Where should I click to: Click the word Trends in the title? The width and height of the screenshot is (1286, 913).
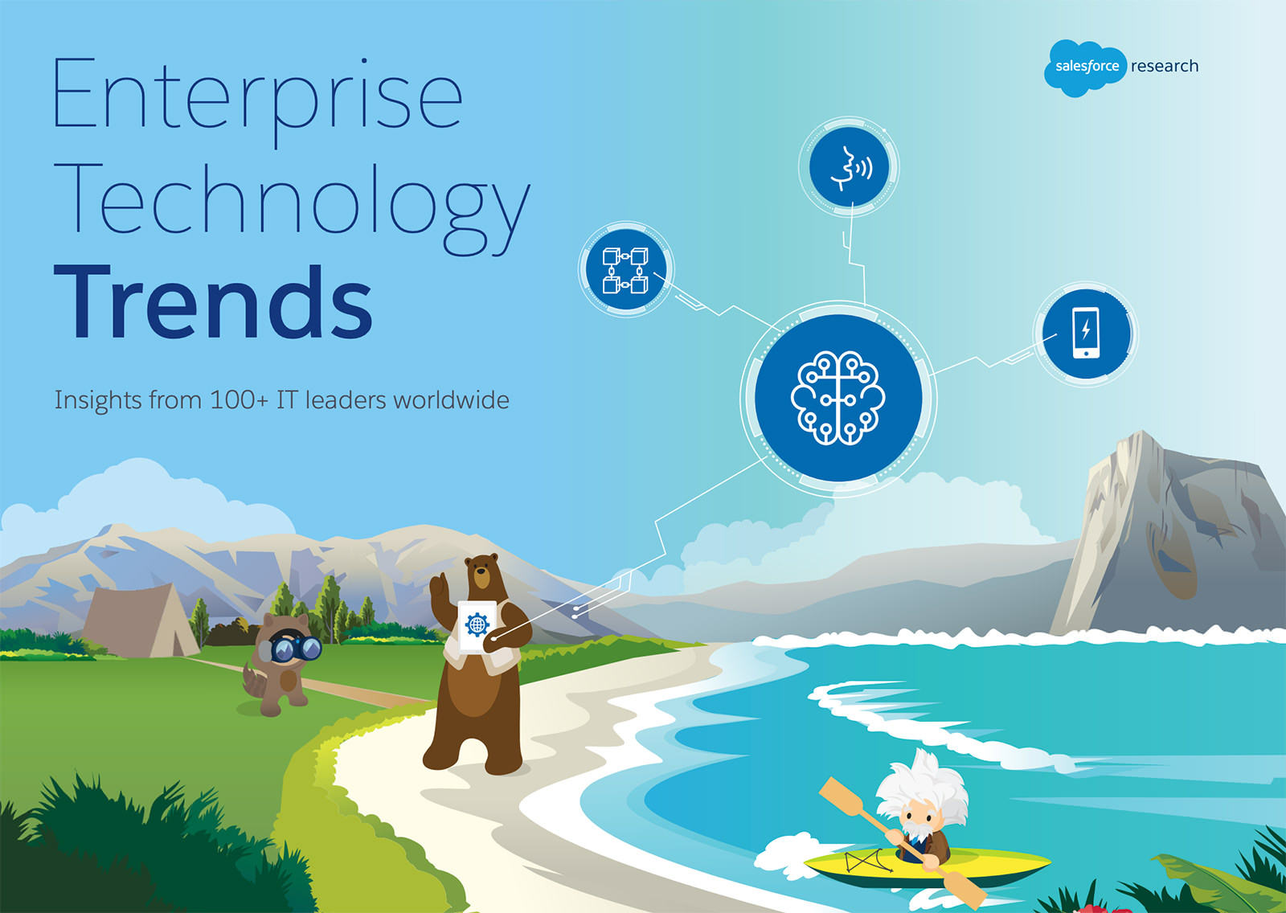(214, 302)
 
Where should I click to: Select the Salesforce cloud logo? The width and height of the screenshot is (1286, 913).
(1085, 68)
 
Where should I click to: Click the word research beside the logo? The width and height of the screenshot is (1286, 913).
(1165, 66)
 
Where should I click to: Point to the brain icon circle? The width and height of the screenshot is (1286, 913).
(838, 398)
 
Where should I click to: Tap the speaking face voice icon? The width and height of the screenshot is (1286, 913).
(849, 167)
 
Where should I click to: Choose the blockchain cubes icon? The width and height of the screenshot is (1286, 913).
(626, 270)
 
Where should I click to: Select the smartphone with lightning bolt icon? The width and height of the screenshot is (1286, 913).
(1086, 334)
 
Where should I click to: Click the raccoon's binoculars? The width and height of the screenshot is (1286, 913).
(295, 648)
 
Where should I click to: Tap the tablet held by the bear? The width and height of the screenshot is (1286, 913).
(477, 626)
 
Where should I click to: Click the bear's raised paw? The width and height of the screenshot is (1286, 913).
(439, 587)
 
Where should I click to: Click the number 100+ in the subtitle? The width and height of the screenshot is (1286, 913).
(240, 400)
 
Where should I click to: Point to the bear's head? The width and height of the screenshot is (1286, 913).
(481, 574)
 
